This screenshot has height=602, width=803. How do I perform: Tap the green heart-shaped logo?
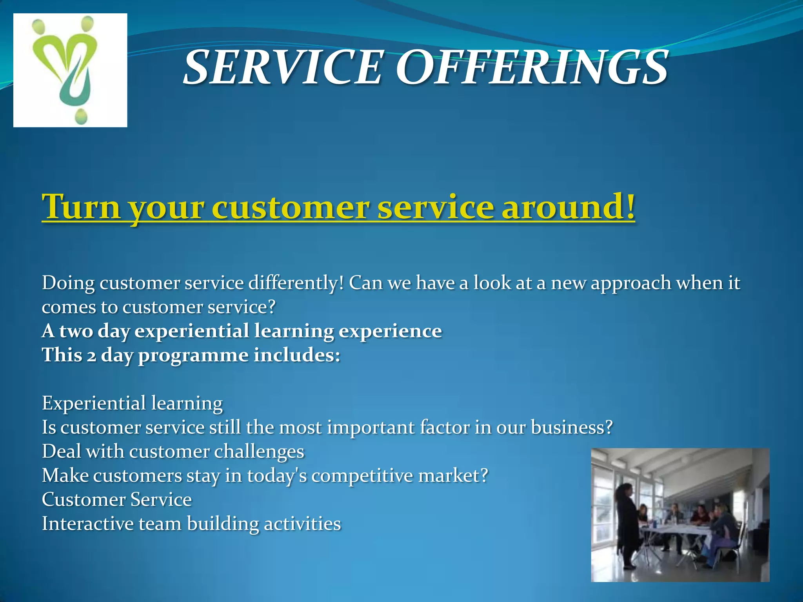pyautogui.click(x=67, y=59)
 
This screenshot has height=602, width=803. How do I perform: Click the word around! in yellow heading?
pyautogui.click(x=568, y=207)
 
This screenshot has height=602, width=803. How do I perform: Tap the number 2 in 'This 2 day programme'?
pyautogui.click(x=91, y=356)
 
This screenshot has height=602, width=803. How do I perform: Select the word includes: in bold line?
pyautogui.click(x=297, y=355)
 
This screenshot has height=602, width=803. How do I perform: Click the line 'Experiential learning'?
pyautogui.click(x=133, y=403)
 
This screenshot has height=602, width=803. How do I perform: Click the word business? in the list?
pyautogui.click(x=571, y=427)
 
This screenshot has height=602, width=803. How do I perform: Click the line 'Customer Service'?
pyautogui.click(x=117, y=500)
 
